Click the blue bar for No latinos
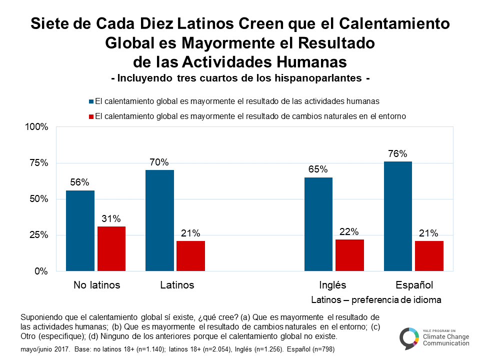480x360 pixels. (80, 230)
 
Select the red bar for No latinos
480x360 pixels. (111, 248)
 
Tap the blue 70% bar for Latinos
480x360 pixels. (159, 220)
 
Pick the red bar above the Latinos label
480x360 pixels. (190, 256)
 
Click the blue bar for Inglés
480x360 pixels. (318, 224)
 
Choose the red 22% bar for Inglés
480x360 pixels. (349, 255)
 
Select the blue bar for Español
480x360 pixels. (398, 216)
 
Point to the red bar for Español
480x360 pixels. (429, 256)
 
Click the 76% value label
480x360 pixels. (397, 154)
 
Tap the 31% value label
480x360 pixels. (111, 219)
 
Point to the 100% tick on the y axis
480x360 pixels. (36, 127)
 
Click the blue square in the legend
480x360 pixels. (91, 101)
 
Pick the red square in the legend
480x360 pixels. (91, 116)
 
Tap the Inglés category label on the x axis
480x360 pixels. (332, 285)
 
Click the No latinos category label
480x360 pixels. (96, 285)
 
